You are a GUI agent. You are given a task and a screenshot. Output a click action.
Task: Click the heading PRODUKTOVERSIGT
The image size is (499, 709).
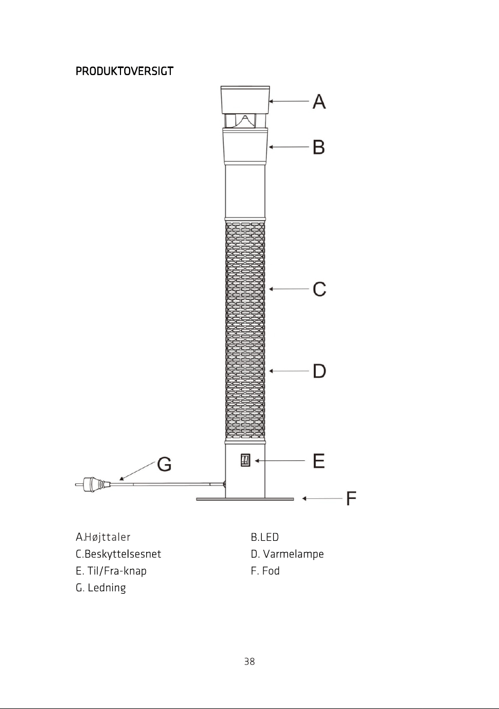pos(124,71)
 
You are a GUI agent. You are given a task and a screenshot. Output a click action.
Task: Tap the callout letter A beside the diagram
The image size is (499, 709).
pos(319,102)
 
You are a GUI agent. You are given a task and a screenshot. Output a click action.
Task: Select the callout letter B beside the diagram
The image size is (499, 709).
pos(319,147)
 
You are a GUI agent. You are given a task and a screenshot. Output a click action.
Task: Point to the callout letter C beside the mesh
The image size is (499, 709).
pos(320,289)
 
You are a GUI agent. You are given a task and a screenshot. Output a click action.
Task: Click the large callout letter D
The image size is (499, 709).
pos(320,371)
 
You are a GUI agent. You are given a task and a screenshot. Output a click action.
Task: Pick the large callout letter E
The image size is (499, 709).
pos(319,461)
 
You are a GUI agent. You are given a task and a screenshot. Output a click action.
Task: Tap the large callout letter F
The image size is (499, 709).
pos(351,498)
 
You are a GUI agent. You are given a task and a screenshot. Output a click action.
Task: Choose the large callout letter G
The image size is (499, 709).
pos(164,464)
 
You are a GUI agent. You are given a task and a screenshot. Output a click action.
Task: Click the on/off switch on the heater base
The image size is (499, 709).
pos(245,460)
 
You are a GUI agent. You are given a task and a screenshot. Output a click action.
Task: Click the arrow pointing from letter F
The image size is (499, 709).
pos(322,498)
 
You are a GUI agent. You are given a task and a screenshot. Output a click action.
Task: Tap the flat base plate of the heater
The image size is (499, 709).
pos(245,499)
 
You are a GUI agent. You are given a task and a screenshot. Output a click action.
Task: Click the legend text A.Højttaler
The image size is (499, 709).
pos(103,537)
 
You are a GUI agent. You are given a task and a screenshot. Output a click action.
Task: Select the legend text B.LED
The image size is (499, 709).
pos(264,537)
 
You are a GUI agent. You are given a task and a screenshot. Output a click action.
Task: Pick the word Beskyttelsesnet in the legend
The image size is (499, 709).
pos(123,554)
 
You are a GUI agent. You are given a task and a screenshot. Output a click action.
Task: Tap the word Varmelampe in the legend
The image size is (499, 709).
pos(293,554)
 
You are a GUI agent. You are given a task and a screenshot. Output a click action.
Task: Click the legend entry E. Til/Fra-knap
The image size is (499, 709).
pos(111,571)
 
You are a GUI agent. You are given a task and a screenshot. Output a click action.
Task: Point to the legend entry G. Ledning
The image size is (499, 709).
pos(101,588)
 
